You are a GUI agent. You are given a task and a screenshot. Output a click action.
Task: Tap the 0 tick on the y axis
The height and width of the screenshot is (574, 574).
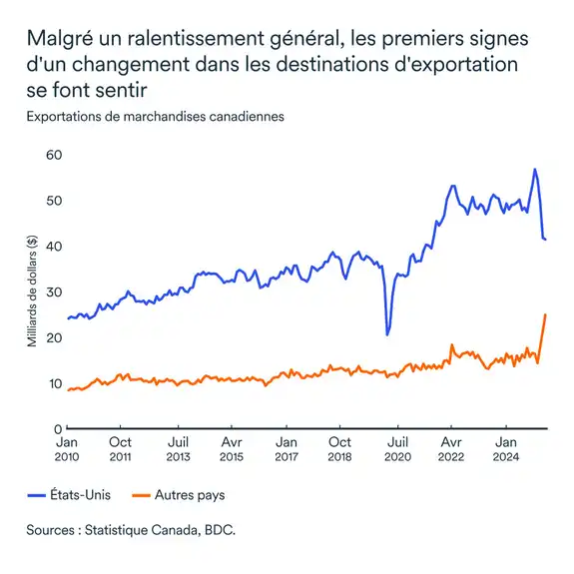[58, 428]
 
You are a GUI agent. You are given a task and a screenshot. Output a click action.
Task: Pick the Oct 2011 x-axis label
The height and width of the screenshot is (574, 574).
[120, 448]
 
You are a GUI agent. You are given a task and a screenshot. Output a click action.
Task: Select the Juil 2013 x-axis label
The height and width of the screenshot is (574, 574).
[178, 448]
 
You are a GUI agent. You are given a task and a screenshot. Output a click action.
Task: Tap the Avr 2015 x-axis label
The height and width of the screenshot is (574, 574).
[231, 448]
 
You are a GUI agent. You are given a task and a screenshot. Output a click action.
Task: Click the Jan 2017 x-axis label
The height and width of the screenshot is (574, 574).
[286, 448]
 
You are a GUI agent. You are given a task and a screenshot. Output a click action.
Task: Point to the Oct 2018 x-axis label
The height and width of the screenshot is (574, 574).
[339, 448]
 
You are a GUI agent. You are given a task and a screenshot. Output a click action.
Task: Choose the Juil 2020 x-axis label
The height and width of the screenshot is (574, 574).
[396, 448]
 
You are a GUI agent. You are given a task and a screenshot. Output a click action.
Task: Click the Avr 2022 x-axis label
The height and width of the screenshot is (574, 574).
[450, 448]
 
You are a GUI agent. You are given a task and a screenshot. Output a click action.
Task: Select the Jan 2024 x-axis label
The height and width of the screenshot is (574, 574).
[506, 448]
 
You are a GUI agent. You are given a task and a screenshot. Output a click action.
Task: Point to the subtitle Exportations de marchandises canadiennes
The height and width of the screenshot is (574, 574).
[155, 116]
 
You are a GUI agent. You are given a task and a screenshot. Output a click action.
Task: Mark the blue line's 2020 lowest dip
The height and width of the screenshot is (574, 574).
[387, 333]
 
